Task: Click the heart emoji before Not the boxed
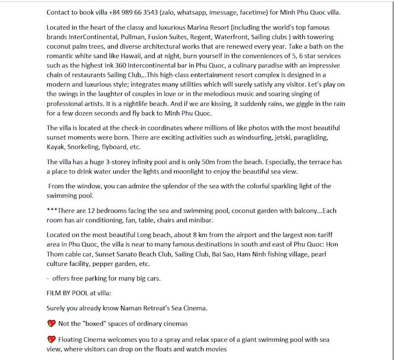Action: (x=51, y=323)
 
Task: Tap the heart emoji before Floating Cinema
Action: (x=51, y=339)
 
